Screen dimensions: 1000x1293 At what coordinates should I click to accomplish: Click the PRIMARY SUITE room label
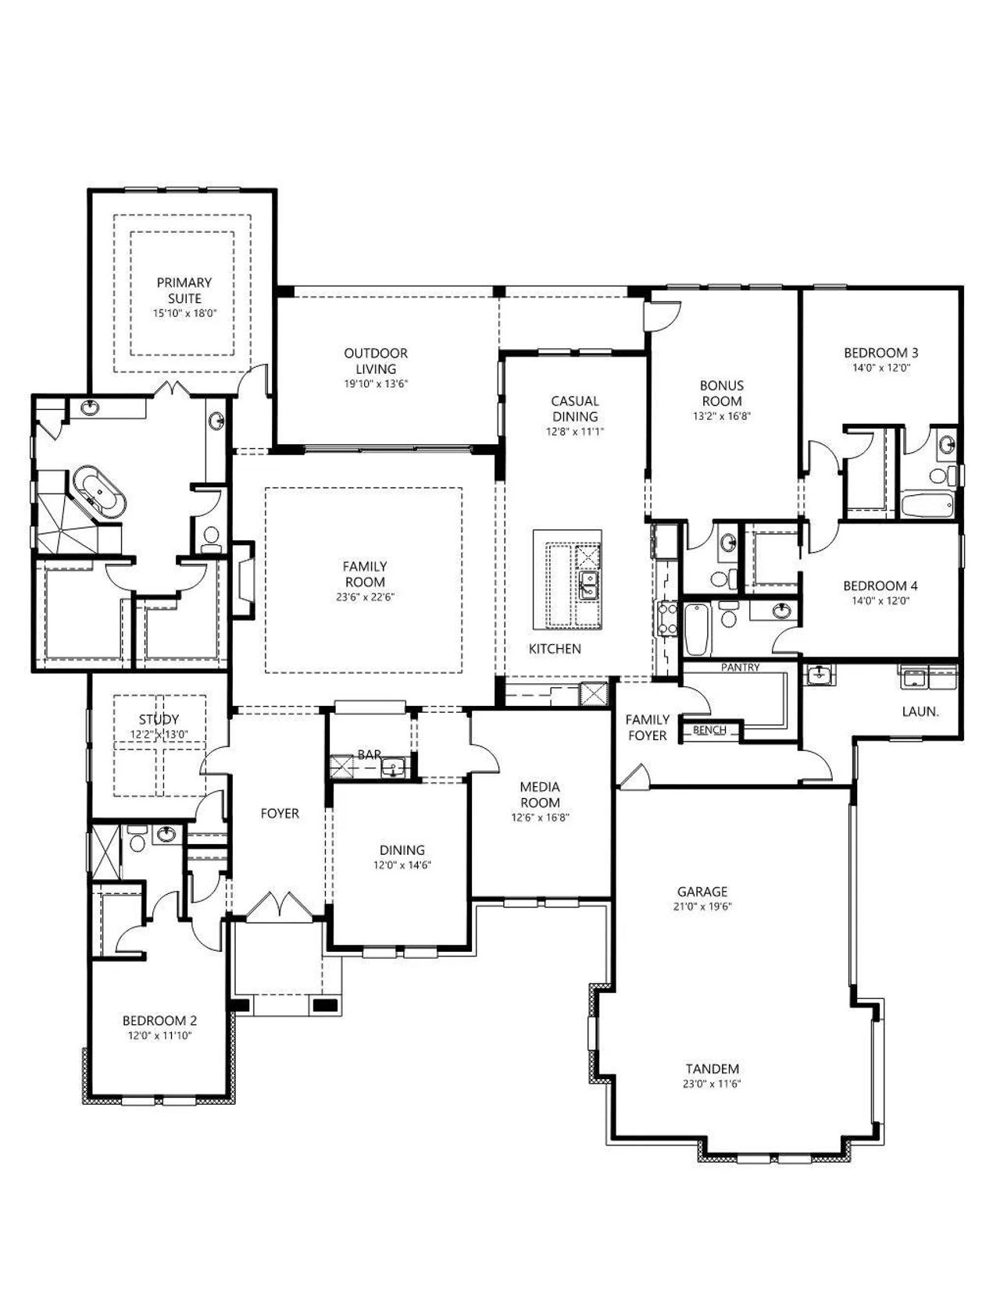184,290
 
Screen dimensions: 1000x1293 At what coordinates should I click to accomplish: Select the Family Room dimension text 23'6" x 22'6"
365,597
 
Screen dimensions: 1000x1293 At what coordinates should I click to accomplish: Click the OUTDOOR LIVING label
376,361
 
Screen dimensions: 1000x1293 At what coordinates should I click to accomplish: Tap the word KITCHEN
555,649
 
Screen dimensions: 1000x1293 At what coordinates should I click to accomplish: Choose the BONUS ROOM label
721,393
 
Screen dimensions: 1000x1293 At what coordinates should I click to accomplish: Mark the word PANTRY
740,667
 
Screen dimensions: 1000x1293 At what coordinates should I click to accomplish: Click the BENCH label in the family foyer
709,729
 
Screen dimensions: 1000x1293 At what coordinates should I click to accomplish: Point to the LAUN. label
920,711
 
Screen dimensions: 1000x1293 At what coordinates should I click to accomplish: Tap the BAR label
369,754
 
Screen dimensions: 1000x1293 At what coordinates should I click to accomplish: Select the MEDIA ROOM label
541,795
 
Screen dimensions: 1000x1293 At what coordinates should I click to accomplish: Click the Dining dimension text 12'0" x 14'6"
402,864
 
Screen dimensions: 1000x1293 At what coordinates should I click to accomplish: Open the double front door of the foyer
279,907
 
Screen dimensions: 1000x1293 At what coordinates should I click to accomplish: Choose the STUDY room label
159,719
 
